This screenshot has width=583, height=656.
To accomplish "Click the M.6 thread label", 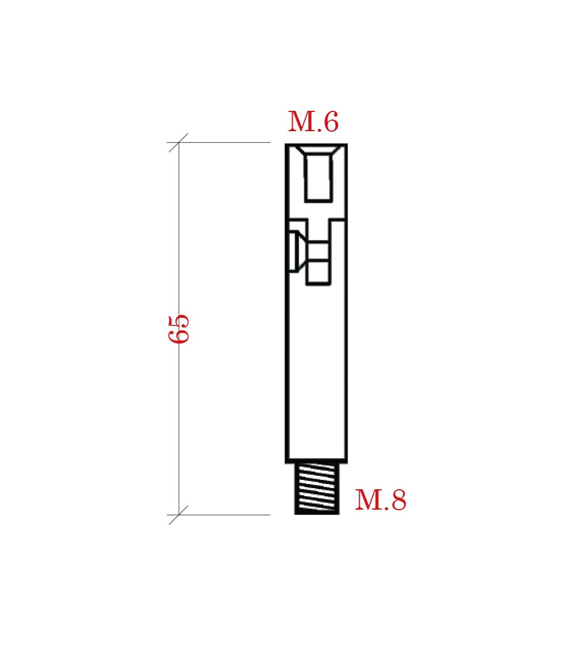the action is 313,122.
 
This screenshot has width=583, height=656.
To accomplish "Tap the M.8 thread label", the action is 381,500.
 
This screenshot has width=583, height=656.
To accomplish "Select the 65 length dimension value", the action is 178,329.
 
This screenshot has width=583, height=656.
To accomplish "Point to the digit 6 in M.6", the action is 331,122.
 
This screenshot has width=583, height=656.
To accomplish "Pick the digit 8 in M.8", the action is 399,500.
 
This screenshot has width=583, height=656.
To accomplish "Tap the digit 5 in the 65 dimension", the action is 178,322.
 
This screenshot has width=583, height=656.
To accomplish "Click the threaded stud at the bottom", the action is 317,488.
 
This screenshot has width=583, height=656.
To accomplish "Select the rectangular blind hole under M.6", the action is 319,178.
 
